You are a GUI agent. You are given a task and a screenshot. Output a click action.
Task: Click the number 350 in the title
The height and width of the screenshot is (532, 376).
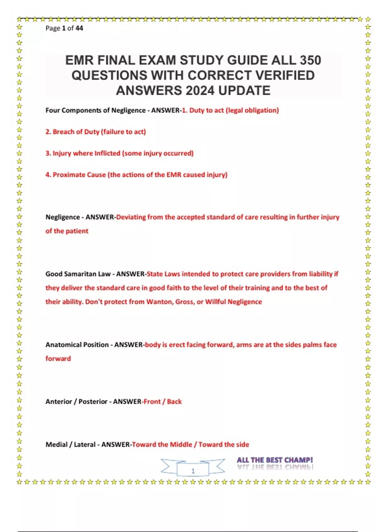[310, 60]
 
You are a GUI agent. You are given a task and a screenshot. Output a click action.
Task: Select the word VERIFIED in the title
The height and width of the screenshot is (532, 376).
[285, 75]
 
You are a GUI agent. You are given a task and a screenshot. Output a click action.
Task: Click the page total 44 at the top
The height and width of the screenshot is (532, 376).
[79, 28]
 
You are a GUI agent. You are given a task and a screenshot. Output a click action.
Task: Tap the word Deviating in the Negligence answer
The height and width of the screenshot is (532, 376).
[131, 217]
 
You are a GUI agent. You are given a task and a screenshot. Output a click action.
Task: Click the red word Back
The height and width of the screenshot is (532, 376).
[174, 402]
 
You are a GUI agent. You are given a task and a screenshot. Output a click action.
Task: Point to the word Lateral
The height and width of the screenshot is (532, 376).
[84, 445]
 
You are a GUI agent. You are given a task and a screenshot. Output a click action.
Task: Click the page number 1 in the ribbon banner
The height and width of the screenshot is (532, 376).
[193, 471]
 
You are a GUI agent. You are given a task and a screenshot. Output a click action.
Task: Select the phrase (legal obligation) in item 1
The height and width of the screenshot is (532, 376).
[252, 110]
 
